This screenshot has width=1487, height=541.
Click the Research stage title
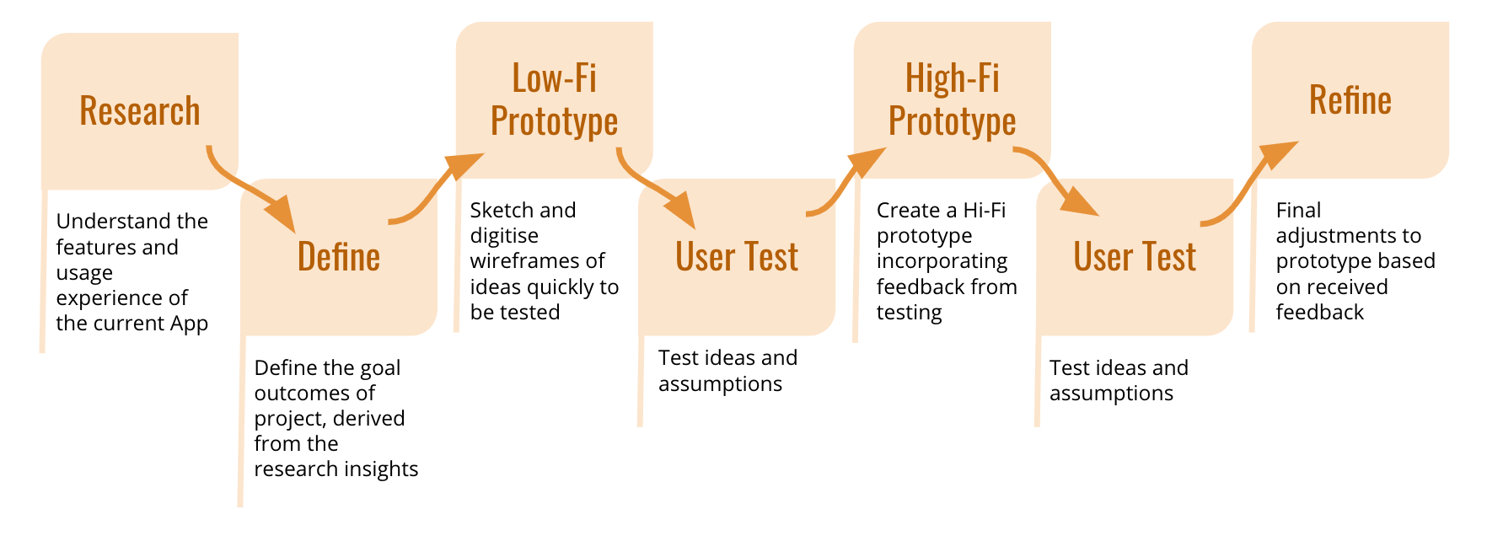point(140,111)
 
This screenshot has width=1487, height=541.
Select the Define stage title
point(339,256)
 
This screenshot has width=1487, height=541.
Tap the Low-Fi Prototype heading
point(555,100)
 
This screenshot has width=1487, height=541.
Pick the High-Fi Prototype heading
point(953,100)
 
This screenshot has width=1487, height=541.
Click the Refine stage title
point(1350,100)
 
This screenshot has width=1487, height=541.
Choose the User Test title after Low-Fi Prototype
point(737,256)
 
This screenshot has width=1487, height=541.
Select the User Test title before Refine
point(1135,256)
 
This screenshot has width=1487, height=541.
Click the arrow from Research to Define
point(244,190)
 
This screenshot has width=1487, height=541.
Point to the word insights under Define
point(379,469)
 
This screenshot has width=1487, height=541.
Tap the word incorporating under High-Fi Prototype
point(942,261)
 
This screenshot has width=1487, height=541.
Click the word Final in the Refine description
point(1298,210)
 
